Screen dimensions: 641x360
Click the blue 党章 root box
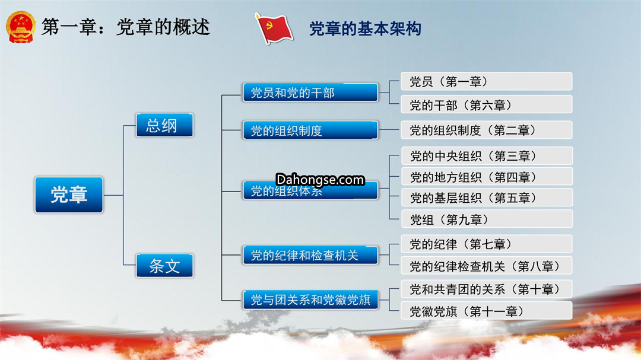(x=69, y=195)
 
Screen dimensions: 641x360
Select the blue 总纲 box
(x=164, y=125)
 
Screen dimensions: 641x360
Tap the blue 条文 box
(x=164, y=266)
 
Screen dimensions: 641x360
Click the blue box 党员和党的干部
(x=310, y=93)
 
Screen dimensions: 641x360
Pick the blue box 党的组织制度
(x=310, y=130)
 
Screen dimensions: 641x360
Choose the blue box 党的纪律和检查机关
(x=310, y=255)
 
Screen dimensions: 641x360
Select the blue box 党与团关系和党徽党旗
(x=310, y=300)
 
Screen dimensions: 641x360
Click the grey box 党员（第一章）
(x=487, y=81)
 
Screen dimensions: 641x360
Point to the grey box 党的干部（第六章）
(x=487, y=104)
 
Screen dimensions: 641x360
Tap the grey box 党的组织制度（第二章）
(x=487, y=130)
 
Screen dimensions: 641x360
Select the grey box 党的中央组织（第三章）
(x=487, y=156)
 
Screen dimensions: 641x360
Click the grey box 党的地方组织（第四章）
(x=487, y=177)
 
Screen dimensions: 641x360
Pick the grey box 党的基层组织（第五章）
(x=487, y=197)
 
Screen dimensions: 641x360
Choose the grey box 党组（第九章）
(x=487, y=219)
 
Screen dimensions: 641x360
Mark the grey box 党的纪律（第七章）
(x=487, y=244)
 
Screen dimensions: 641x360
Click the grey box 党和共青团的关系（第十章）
(x=487, y=289)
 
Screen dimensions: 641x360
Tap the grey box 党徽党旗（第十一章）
(x=487, y=311)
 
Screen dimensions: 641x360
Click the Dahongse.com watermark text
(x=320, y=179)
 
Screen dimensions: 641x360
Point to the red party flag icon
(x=274, y=28)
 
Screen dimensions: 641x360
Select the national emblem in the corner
(x=20, y=27)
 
